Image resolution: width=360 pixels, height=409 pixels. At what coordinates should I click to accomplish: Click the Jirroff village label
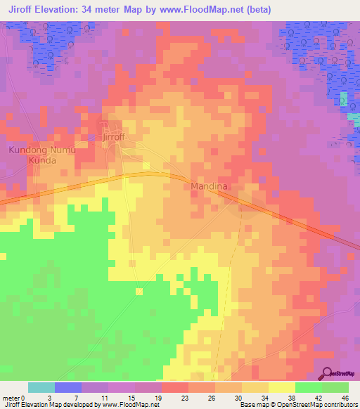click(x=113, y=137)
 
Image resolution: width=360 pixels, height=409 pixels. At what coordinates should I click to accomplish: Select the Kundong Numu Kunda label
click(x=41, y=155)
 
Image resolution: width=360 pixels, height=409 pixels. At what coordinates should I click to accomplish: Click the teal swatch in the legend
click(x=41, y=387)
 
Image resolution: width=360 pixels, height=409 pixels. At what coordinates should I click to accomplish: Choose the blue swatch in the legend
click(x=68, y=387)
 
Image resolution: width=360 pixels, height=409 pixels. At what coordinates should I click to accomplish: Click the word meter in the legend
click(x=11, y=398)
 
